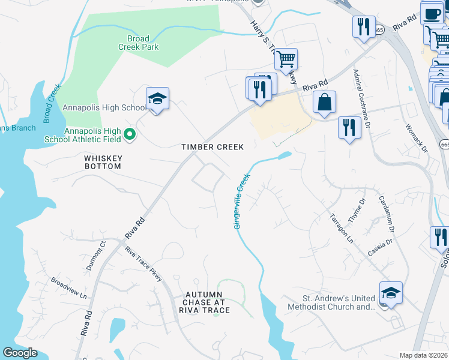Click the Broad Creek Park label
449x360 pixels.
[138, 43]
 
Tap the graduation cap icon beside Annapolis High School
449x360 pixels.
[157, 99]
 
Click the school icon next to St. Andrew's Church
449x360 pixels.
[390, 293]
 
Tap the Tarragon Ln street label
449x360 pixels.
[342, 228]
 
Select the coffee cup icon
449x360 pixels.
[431, 13]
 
